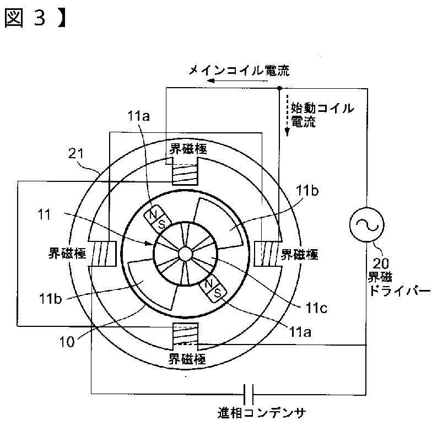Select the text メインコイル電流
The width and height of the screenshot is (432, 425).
(238, 70)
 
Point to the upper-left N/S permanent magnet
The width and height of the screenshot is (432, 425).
(156, 219)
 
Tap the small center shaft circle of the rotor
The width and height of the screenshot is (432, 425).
(184, 254)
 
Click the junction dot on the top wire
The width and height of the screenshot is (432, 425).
(279, 88)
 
